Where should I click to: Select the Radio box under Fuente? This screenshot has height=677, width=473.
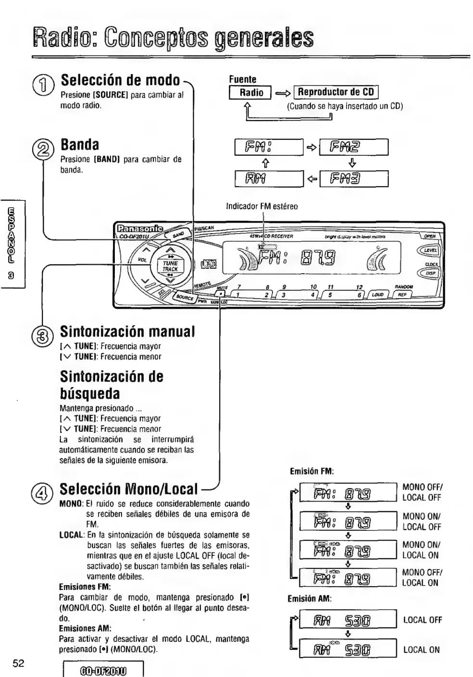[251, 92]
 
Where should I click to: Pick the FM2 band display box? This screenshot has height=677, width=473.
[353, 147]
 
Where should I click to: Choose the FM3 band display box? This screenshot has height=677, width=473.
[353, 178]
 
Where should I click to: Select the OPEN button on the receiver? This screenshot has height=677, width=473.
[429, 236]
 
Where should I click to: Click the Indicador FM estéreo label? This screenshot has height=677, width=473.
[262, 206]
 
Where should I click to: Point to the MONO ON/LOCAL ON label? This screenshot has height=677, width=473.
[422, 550]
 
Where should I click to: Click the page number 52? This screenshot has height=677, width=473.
[18, 664]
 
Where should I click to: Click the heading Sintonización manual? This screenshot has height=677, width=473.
[127, 331]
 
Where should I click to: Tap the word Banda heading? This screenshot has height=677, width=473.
[80, 145]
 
